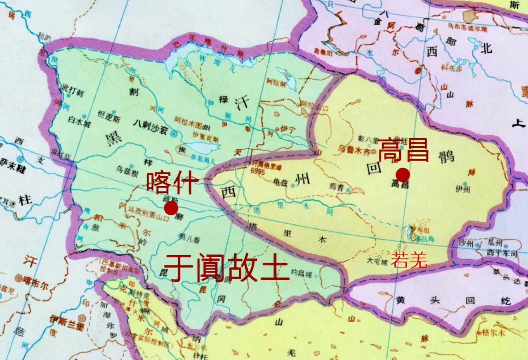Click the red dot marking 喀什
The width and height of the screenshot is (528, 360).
click(x=171, y=208)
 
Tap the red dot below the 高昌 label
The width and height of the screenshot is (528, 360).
click(x=403, y=174)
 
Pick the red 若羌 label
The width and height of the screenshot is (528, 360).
click(x=409, y=261)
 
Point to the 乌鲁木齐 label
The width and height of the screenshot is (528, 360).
click(x=341, y=147)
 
